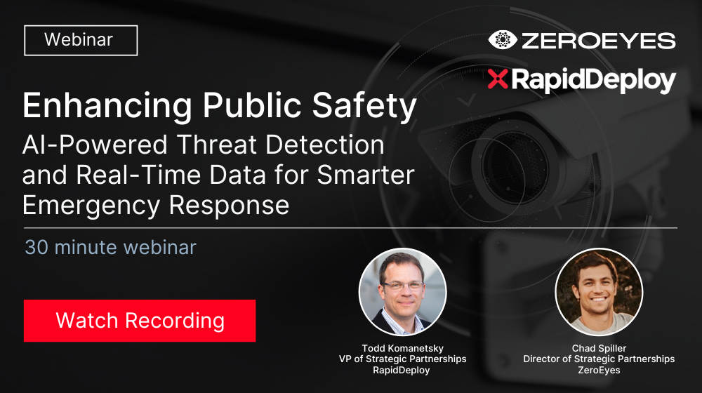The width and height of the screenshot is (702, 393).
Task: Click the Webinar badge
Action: (81, 40)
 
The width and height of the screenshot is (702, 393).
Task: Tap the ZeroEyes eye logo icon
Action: (502, 39)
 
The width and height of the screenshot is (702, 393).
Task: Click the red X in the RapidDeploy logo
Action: (497, 80)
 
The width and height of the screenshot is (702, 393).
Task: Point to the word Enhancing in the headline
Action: (105, 106)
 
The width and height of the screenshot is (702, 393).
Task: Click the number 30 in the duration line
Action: (36, 247)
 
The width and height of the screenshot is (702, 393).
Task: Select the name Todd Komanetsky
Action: (402, 347)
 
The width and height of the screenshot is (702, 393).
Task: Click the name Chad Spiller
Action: (599, 347)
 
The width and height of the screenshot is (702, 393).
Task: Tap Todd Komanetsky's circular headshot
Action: (402, 293)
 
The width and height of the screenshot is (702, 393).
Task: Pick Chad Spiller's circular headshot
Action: (599, 293)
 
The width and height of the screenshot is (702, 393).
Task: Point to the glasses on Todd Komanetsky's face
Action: (402, 286)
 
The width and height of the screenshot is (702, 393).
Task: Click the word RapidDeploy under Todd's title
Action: (402, 370)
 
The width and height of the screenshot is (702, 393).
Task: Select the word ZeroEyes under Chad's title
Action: (599, 370)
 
